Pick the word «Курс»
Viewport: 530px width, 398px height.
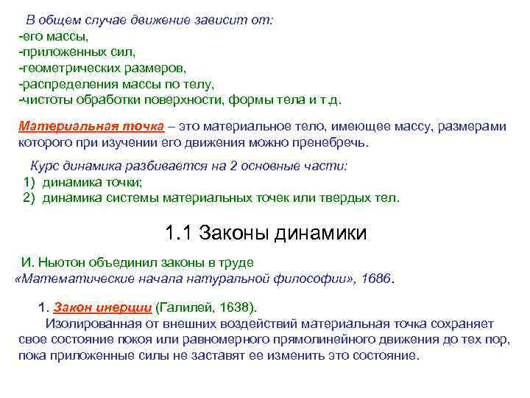coord(44,167)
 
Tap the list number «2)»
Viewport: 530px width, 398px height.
coord(29,198)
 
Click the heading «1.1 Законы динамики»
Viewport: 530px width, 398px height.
coord(265,235)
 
